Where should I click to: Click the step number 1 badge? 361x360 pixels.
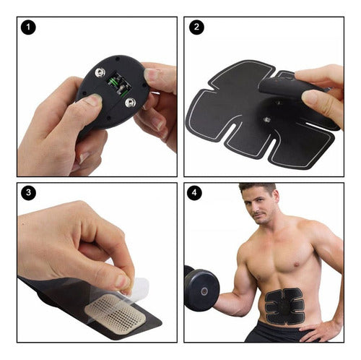click(x=28, y=27)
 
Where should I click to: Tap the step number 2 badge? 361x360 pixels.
click(x=196, y=27)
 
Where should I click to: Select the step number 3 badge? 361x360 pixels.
click(x=28, y=193)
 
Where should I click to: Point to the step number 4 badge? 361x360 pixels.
click(x=194, y=193)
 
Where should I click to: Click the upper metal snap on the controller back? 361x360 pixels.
click(x=100, y=72)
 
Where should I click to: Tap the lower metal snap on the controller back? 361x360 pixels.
click(x=130, y=102)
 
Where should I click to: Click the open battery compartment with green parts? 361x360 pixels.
click(x=119, y=84)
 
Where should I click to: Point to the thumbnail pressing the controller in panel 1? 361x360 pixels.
click(x=94, y=100)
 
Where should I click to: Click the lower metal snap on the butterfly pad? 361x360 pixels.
click(x=266, y=119)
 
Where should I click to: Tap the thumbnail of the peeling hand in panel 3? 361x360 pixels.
click(x=123, y=283)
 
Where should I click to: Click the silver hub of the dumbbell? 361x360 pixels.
click(x=204, y=291)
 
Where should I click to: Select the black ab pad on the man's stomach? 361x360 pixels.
click(x=284, y=306)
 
